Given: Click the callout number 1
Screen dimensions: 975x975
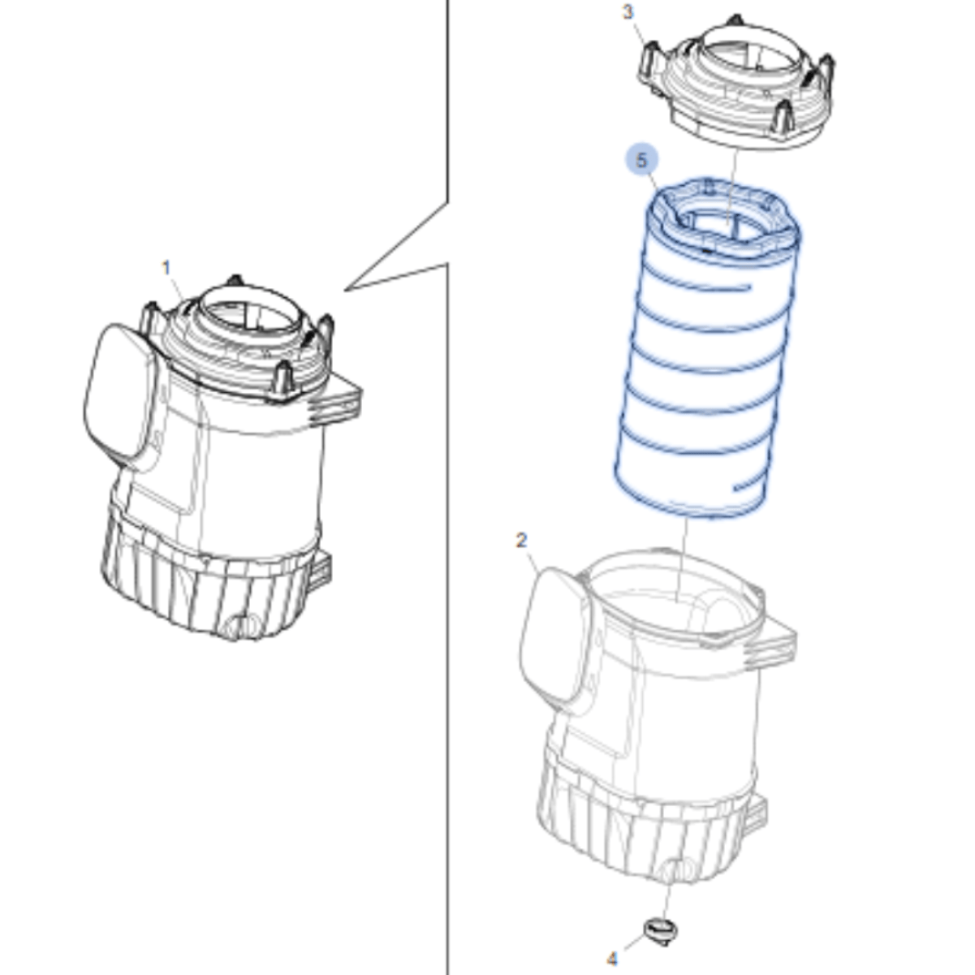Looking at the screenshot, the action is pyautogui.click(x=166, y=268).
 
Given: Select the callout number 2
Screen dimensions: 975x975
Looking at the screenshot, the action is pyautogui.click(x=522, y=541).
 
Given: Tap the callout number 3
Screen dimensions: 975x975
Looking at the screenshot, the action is pyautogui.click(x=628, y=11).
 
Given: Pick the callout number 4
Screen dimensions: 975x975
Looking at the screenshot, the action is pyautogui.click(x=612, y=959).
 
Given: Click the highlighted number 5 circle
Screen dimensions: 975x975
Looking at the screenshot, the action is pyautogui.click(x=641, y=161).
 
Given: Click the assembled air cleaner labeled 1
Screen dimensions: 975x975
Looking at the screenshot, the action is pyautogui.click(x=222, y=455).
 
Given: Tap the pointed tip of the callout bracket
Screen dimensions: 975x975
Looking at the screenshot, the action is pyautogui.click(x=346, y=290).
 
